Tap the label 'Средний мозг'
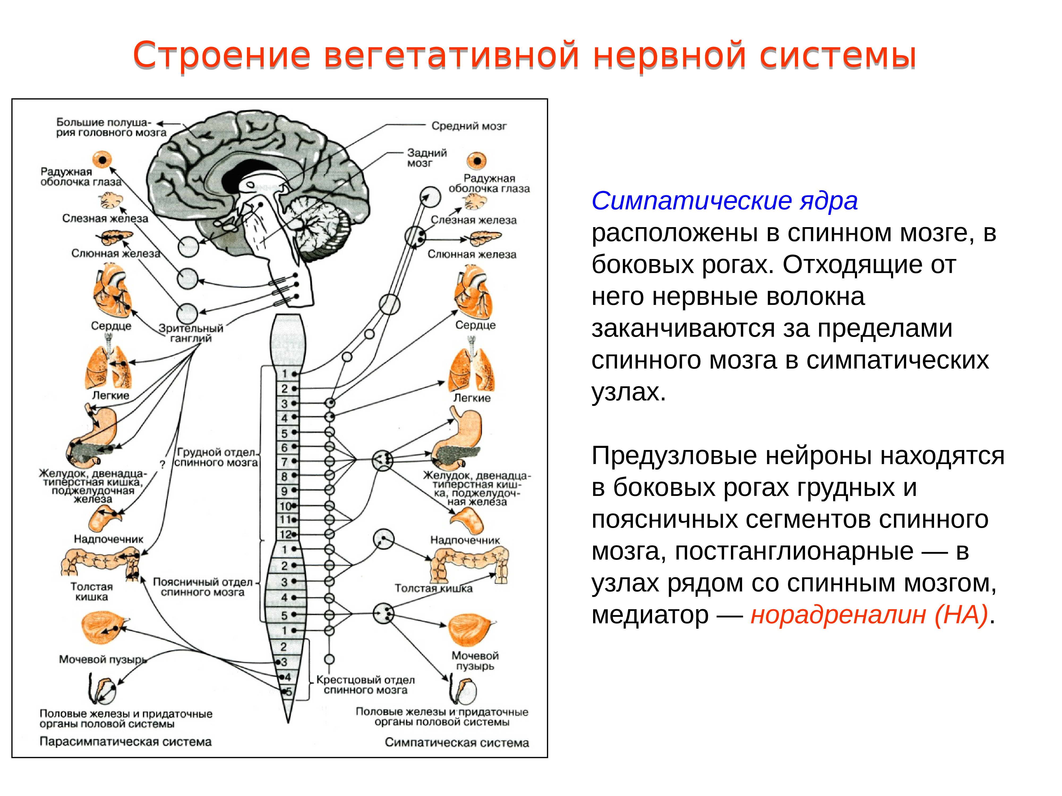[x=469, y=126]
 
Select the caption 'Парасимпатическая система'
[x=125, y=742]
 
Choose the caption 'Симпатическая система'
[x=457, y=743]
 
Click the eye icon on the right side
[x=477, y=161]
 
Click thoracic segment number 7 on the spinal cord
[x=284, y=462]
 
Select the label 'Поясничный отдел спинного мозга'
[x=203, y=587]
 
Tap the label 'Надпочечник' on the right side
[x=465, y=540]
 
